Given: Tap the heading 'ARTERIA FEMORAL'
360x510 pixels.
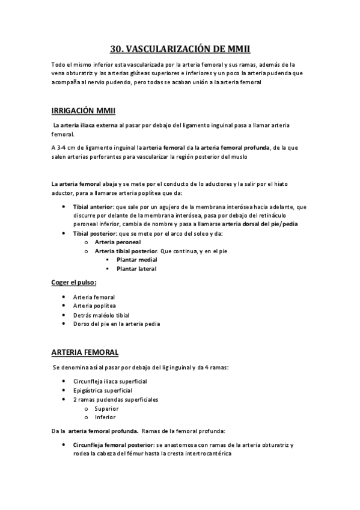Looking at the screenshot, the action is click(85, 352).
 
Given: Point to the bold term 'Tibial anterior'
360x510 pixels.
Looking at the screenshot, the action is click(91, 207).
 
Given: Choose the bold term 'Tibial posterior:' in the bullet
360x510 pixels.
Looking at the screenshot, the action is click(95, 233).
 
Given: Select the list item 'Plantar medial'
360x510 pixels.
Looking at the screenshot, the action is click(136, 259).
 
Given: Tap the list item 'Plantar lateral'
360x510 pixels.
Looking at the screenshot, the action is click(136, 268).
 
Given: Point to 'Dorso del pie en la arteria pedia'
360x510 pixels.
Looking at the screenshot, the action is click(117, 324).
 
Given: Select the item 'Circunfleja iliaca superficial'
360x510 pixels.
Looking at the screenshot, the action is click(110, 382).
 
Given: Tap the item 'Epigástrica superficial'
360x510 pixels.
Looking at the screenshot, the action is click(103, 391).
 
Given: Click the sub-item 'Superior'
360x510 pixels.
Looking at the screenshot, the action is click(106, 408).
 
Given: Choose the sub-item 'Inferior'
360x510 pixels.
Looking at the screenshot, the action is click(105, 417).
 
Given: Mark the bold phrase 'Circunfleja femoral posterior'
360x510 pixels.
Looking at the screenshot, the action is click(114, 445).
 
